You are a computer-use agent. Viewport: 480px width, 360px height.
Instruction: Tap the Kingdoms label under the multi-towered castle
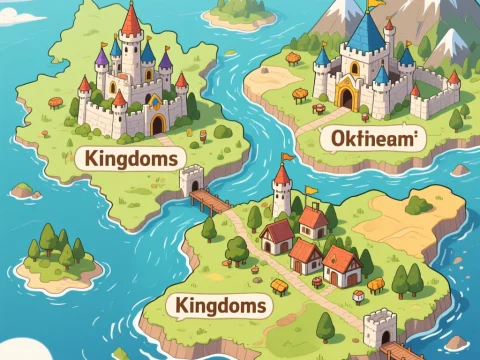click(x=131, y=158)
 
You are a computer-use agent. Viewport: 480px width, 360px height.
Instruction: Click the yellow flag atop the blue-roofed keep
click(x=374, y=4)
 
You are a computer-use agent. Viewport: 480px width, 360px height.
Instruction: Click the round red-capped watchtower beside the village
click(x=282, y=190)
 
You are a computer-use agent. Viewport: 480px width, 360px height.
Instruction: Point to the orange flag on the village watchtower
click(x=288, y=156)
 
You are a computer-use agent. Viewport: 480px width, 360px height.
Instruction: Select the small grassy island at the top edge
click(x=240, y=12)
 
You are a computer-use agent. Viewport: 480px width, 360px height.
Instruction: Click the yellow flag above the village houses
click(x=313, y=189)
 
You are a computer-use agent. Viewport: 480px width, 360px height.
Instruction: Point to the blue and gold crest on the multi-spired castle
click(x=153, y=100)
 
